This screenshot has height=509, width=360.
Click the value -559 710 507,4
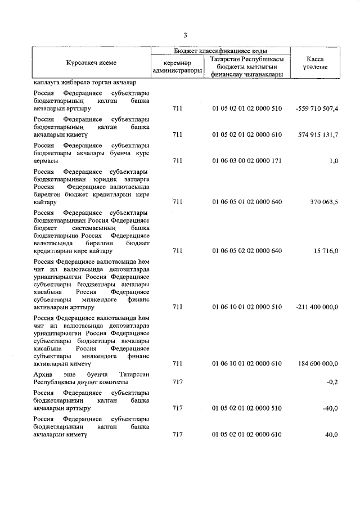pyautogui.click(x=317, y=109)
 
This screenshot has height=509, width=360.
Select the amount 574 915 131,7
pyautogui.click(x=318, y=135)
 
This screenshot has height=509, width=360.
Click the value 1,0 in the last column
pyautogui.click(x=334, y=161)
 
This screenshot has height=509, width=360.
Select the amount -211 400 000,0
pyautogui.click(x=317, y=308)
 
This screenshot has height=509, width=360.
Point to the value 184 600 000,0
pyautogui.click(x=318, y=364)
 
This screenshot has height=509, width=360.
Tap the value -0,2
pyautogui.click(x=332, y=382)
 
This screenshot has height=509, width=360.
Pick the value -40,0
pyautogui.click(x=330, y=408)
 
